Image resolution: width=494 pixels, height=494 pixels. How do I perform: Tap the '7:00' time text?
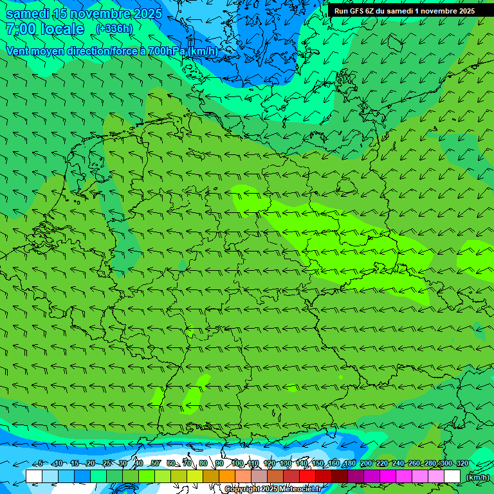coord(20,30)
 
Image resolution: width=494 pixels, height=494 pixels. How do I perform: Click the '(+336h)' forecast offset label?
coord(114,29)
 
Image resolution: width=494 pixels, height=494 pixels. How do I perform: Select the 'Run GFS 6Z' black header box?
coord(404,10)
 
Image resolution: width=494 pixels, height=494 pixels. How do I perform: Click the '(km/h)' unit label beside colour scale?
coord(478,477)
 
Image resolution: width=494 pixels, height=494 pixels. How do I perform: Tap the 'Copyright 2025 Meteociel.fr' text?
coord(273,489)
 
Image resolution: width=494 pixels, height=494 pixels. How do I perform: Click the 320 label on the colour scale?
coord(462,463)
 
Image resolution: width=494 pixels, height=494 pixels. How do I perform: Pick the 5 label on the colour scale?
coord(40,463)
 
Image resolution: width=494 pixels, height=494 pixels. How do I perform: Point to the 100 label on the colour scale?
coord(237,463)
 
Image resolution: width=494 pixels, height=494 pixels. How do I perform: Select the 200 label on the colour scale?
coord(365,463)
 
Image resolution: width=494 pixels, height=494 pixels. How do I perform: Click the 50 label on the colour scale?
coord(155,463)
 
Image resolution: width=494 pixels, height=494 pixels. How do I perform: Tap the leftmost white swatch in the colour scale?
coord(34,477)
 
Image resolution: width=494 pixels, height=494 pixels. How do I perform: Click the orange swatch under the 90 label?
coord(227,477)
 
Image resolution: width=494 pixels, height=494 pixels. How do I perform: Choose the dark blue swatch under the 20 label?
coord(82,477)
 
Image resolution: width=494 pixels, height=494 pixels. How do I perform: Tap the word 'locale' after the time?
coord(62,30)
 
